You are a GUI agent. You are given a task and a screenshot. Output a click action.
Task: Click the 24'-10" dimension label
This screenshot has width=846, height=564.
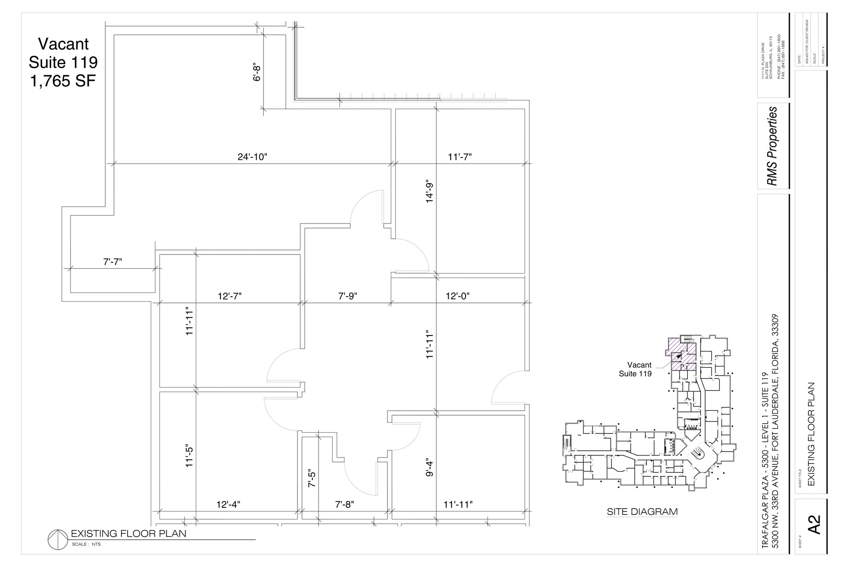tap(252, 157)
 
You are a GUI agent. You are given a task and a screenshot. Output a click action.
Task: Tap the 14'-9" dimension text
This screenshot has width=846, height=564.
tap(430, 192)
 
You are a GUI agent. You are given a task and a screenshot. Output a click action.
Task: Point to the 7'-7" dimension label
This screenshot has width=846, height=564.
tap(112, 262)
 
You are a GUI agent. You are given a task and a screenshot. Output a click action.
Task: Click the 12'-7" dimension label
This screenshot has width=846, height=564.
tap(229, 296)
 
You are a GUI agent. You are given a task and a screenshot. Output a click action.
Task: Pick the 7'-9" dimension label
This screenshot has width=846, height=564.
tap(347, 296)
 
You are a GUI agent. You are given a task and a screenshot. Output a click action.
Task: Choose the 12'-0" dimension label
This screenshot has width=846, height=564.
tap(457, 296)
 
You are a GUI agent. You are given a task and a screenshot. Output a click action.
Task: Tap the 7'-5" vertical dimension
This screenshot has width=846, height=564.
tap(312, 478)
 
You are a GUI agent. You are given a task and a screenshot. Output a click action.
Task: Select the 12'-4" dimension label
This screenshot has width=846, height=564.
tap(228, 505)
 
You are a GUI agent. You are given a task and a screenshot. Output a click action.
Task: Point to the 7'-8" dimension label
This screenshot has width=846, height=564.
tap(344, 505)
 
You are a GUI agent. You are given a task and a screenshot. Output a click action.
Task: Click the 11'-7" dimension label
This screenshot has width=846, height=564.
tap(459, 157)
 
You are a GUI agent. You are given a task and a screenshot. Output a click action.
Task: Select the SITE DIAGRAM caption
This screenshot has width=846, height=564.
tap(642, 512)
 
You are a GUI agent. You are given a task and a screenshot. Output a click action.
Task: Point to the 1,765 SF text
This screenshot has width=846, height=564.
tap(63, 81)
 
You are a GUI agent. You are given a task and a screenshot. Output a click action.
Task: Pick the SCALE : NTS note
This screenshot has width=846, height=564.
tap(86, 545)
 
